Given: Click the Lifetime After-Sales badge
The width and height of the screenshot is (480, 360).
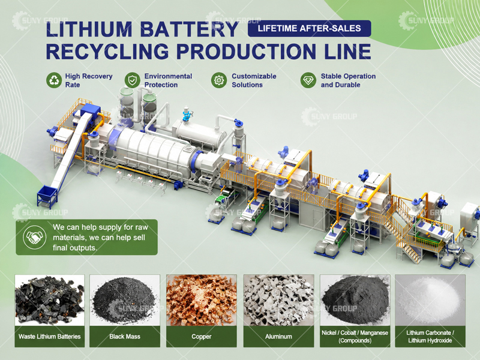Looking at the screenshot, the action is pyautogui.click(x=309, y=28).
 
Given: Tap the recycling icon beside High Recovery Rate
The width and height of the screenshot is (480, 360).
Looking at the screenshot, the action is pyautogui.click(x=54, y=80).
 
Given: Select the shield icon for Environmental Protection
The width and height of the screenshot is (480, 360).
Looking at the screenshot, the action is pyautogui.click(x=133, y=80).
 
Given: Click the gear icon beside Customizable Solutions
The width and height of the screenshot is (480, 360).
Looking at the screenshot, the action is pyautogui.click(x=219, y=80).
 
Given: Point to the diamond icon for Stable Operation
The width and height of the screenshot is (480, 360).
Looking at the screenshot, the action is pyautogui.click(x=308, y=80).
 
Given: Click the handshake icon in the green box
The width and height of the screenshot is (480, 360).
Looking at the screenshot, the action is pyautogui.click(x=35, y=237).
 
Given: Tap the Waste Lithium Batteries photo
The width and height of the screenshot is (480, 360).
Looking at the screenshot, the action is pyautogui.click(x=50, y=300).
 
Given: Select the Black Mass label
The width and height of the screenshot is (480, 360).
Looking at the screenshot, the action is pyautogui.click(x=125, y=337).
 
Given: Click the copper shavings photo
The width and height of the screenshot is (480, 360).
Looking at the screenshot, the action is pyautogui.click(x=202, y=300).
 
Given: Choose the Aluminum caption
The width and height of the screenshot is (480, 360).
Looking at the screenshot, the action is pyautogui.click(x=278, y=337).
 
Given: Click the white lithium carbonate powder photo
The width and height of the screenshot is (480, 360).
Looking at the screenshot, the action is pyautogui.click(x=430, y=300).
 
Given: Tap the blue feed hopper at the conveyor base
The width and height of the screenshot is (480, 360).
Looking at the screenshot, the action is pyautogui.click(x=47, y=194).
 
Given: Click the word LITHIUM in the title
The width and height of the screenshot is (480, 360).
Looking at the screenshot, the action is pyautogui.click(x=89, y=29).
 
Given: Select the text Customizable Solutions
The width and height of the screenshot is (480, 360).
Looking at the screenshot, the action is pyautogui.click(x=254, y=80).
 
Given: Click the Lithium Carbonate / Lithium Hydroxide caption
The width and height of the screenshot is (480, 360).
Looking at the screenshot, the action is pyautogui.click(x=430, y=337).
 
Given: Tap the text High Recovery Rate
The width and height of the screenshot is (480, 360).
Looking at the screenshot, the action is pyautogui.click(x=89, y=80).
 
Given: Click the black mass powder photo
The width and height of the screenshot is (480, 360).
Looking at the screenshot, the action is pyautogui.click(x=125, y=300).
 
